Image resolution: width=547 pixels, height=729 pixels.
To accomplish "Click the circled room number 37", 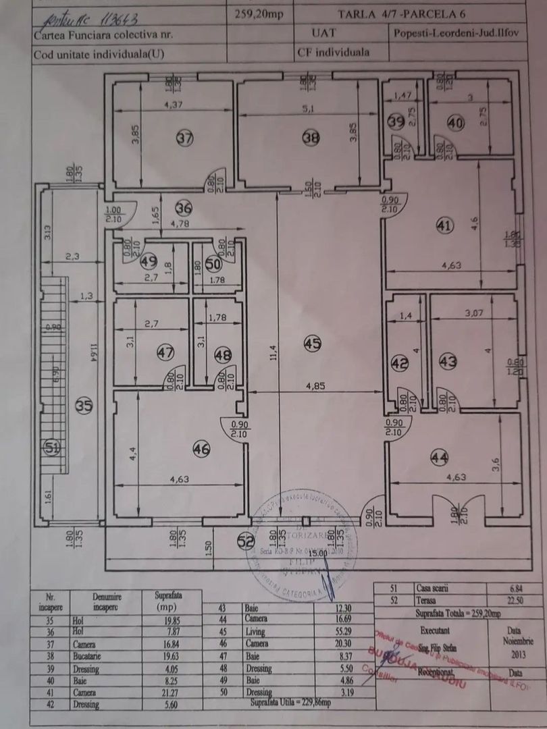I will pos(184,138).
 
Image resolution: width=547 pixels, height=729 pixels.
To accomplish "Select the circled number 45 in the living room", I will pos(311,344).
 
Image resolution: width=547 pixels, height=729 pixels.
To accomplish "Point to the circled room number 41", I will pos(442,227).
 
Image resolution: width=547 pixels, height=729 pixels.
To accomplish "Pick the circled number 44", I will pos(439,458).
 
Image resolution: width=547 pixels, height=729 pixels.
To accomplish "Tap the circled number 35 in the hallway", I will pos(84,406).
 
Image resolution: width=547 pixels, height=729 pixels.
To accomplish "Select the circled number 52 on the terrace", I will pos(246,539).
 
